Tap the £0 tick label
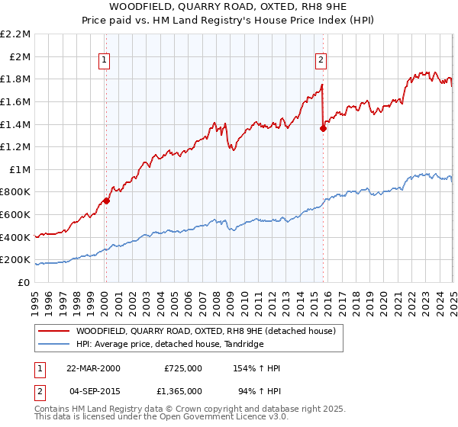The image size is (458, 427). tap(24, 282)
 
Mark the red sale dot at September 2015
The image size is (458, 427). tap(323, 128)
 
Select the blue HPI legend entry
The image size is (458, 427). tap(169, 345)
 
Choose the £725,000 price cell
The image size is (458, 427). tap(182, 368)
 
